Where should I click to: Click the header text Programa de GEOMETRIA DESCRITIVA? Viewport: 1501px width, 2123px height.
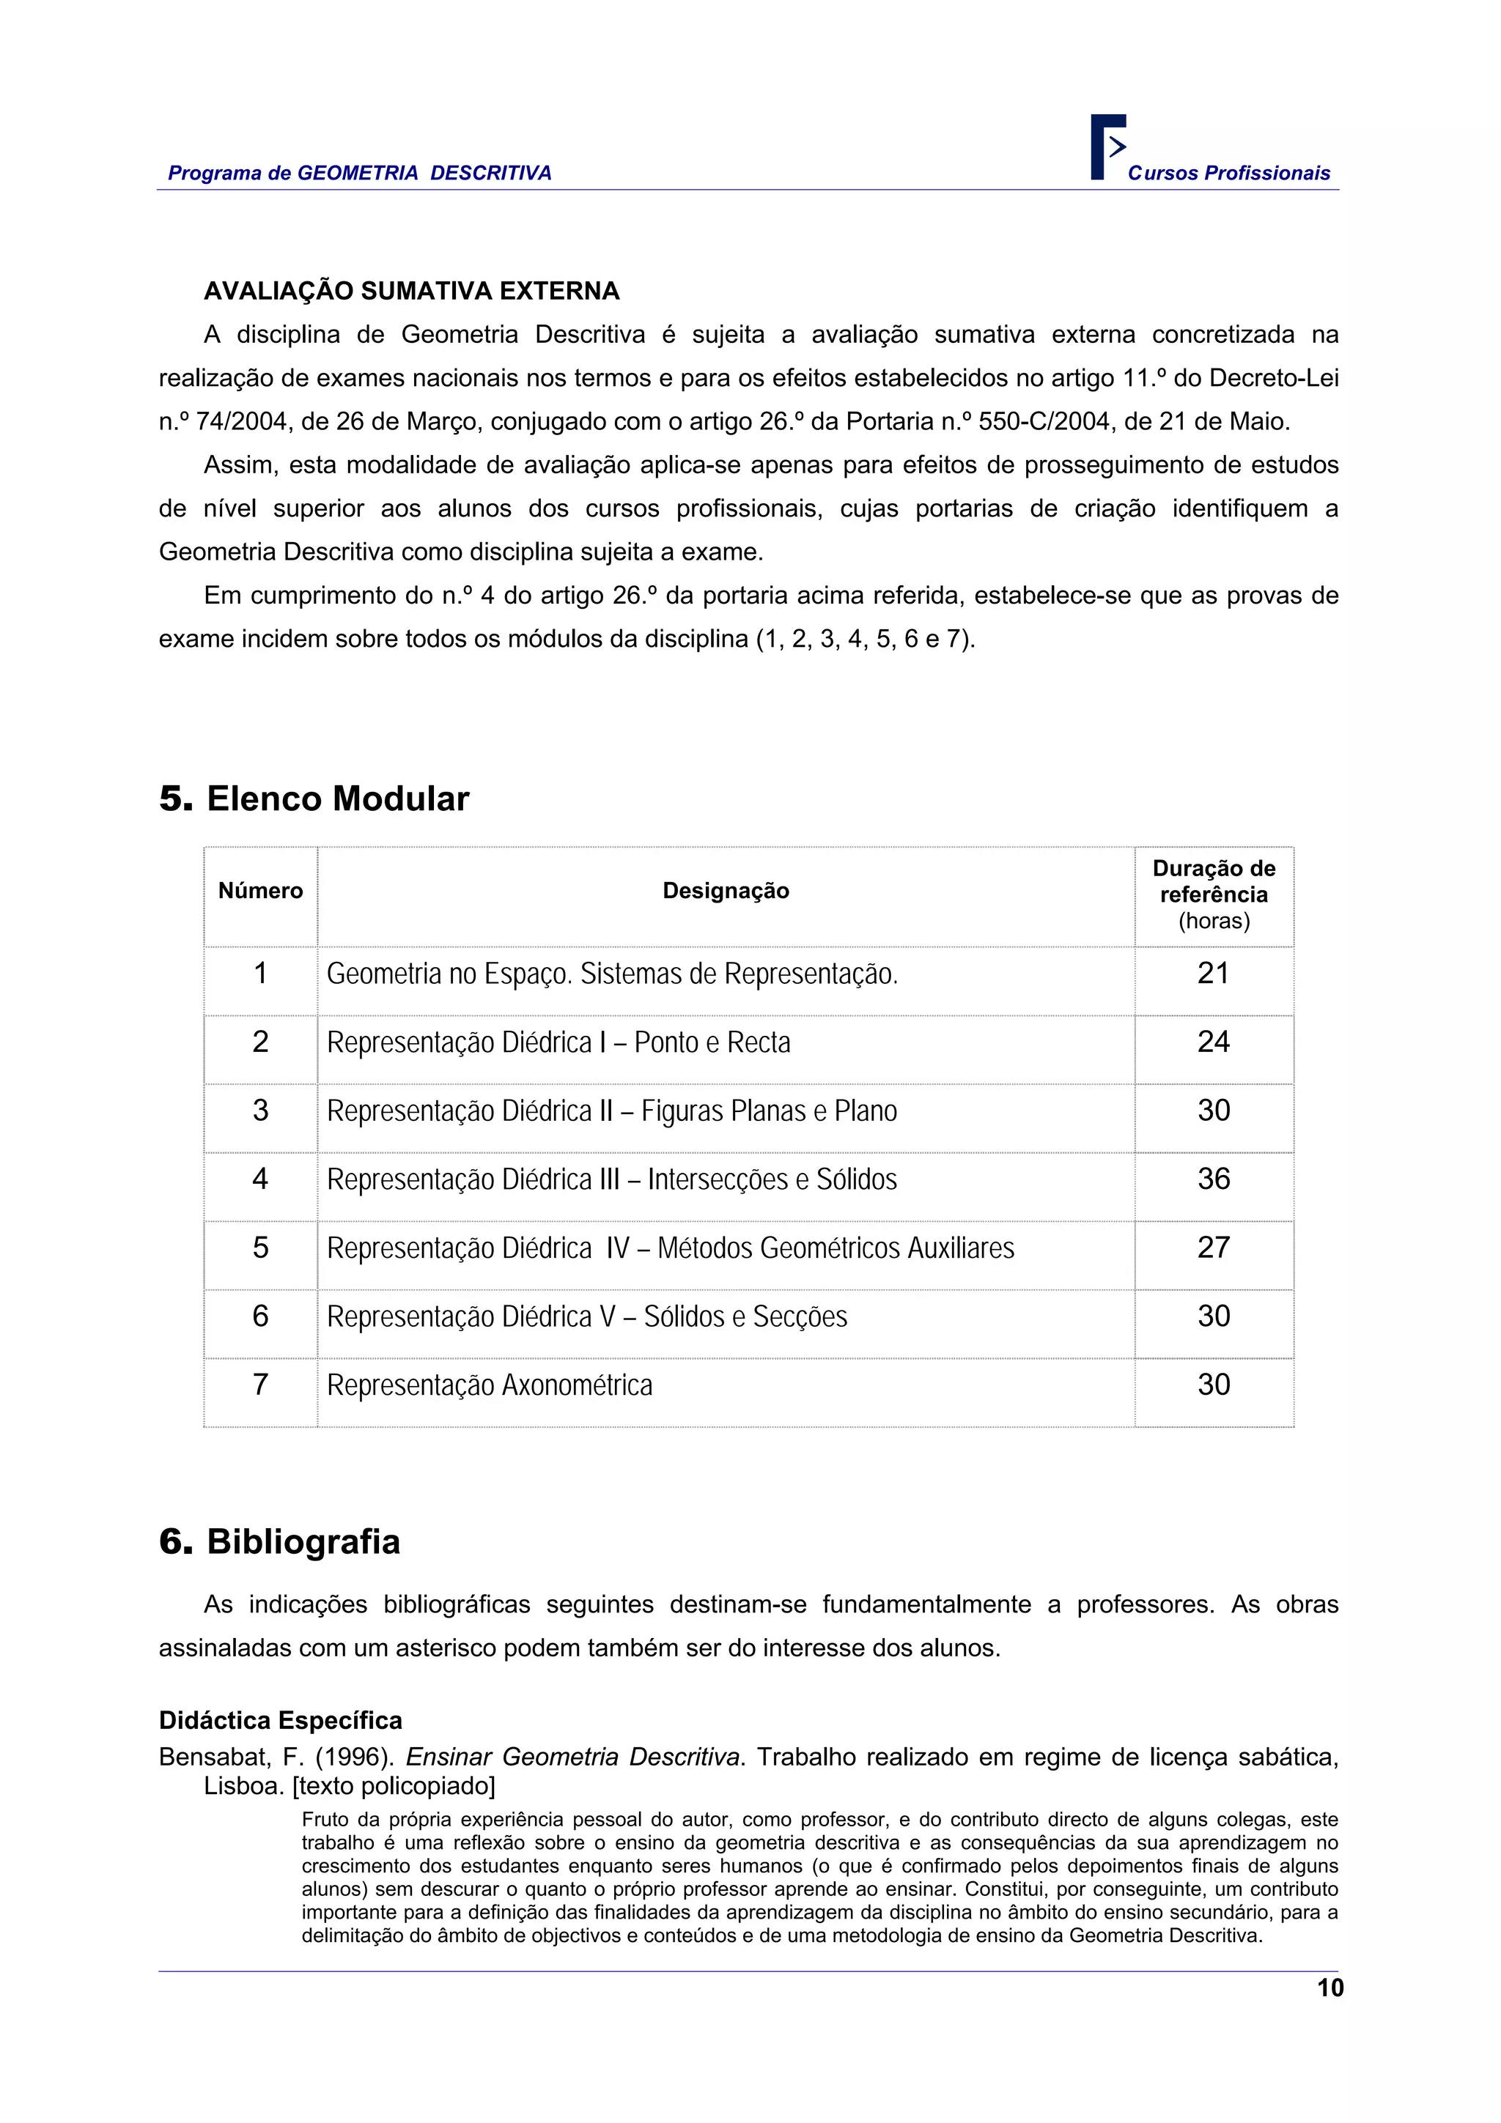[x=359, y=173]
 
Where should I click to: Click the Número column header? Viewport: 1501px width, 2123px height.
[x=260, y=890]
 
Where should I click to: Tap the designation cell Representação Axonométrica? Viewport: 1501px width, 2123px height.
[x=490, y=1385]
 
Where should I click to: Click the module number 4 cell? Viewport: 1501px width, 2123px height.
[x=260, y=1178]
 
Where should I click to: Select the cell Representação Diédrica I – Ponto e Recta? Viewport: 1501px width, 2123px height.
[x=558, y=1042]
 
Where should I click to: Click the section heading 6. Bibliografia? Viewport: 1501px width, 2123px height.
[x=279, y=1541]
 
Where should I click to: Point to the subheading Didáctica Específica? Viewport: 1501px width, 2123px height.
[x=280, y=1720]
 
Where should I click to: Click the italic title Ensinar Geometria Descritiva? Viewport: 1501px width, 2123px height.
[x=573, y=1757]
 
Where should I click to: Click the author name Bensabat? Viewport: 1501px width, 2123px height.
[x=211, y=1757]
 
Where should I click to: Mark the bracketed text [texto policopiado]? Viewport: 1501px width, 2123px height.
[x=394, y=1785]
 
